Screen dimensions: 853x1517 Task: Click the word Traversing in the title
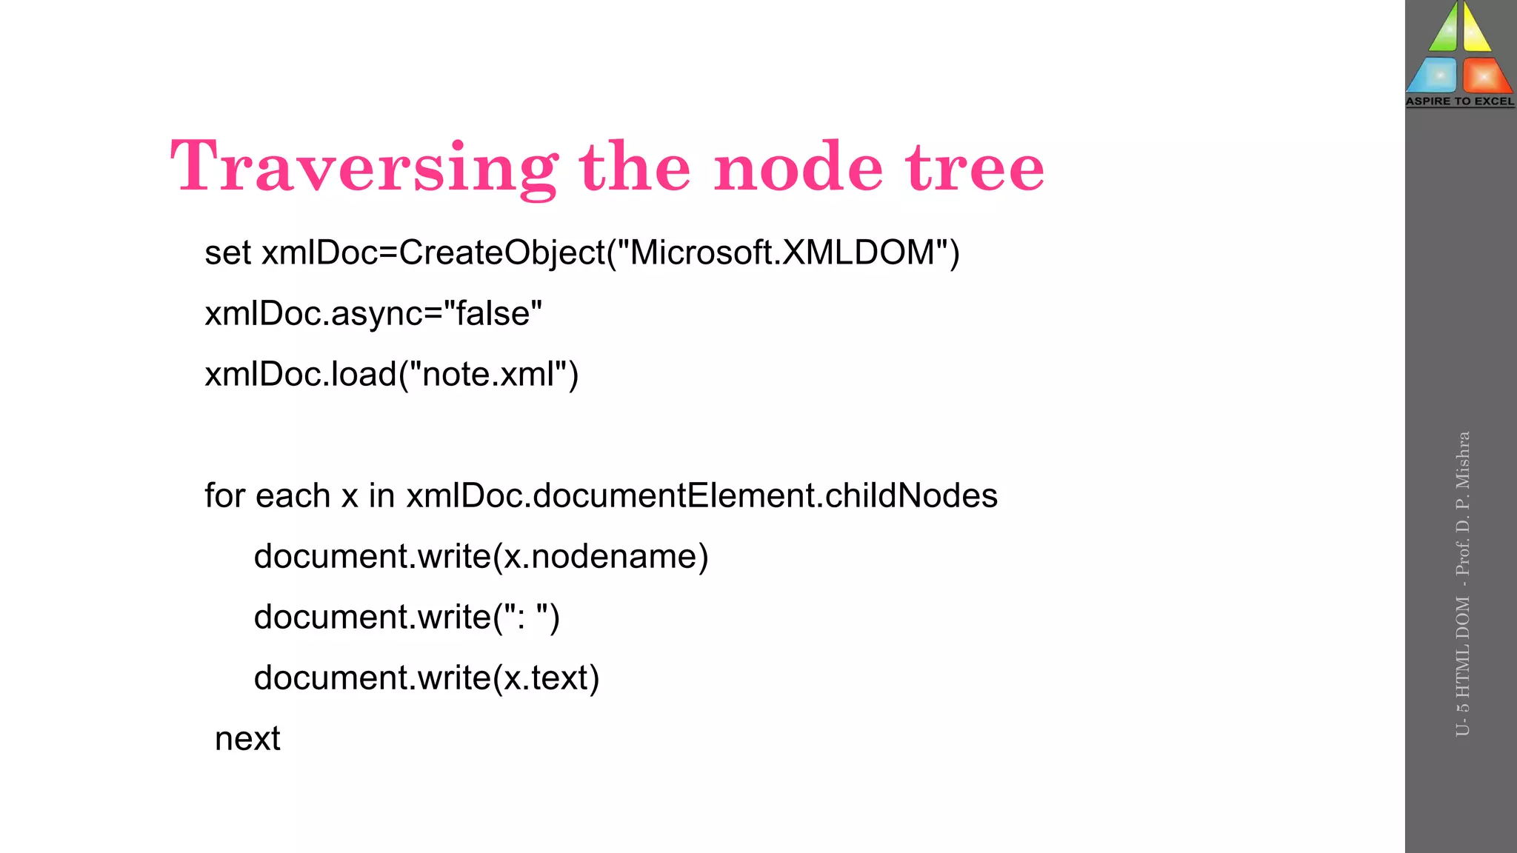[363, 167]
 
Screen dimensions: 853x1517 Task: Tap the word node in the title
[798, 167]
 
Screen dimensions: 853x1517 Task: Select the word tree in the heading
[975, 167]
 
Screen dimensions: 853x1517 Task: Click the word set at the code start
[228, 253]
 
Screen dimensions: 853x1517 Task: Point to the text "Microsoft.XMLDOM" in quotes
[782, 252]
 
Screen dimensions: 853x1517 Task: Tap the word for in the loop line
[225, 495]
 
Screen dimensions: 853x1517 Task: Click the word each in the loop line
[293, 495]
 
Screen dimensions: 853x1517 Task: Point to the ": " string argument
[527, 617]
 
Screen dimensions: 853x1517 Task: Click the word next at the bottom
[247, 739]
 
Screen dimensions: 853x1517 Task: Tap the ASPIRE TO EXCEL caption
[1460, 101]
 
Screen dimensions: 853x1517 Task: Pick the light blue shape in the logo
[1434, 76]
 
